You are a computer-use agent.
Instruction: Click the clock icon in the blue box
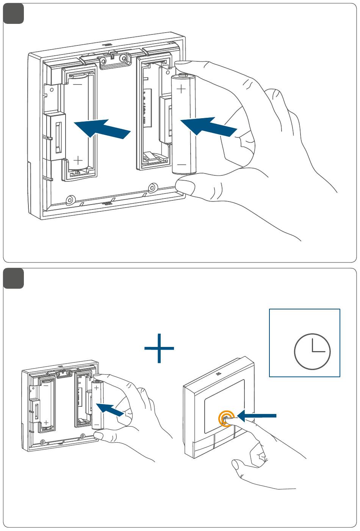coord(312,351)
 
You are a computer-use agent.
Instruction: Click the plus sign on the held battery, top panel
coord(182,89)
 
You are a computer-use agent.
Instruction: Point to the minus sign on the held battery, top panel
coord(182,165)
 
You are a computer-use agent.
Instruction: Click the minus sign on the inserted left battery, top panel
coord(77,84)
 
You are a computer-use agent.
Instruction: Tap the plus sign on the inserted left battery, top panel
coord(78,159)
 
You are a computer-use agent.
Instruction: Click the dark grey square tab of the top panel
coord(14,14)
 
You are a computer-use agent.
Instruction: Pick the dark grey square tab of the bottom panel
coord(14,278)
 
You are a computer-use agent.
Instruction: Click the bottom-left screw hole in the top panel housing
coord(70,200)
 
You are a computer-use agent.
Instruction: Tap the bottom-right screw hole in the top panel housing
coord(153,187)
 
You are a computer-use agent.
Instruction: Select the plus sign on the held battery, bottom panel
coord(96,388)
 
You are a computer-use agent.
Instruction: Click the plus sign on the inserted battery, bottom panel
coord(46,422)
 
